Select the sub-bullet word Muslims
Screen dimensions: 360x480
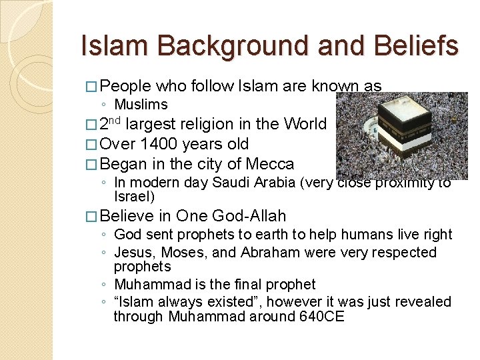pos(141,105)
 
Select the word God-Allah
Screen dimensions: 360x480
pos(249,216)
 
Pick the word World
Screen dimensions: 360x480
pos(305,125)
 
